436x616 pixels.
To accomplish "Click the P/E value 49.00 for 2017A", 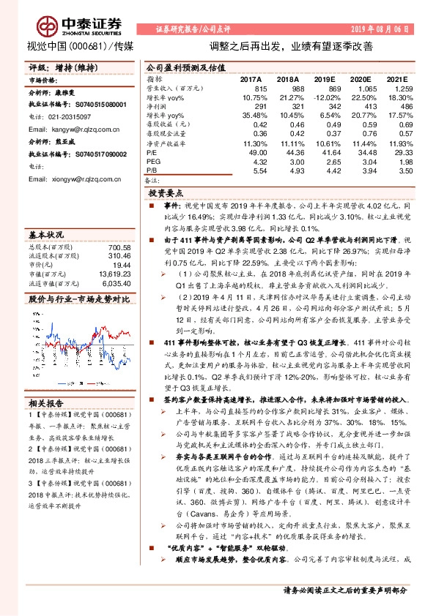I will (253, 151).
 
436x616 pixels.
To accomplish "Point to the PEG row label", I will (152, 160).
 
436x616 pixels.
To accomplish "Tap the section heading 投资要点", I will (166, 194).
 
